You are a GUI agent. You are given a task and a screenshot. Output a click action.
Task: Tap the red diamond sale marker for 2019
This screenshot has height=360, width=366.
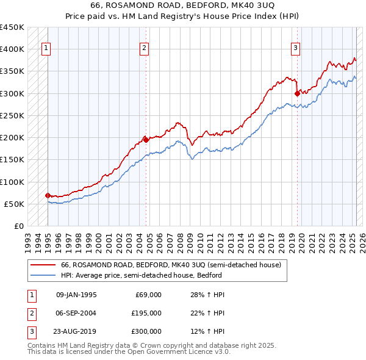coord(297,93)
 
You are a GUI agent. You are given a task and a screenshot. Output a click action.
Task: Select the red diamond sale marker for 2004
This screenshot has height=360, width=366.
coord(146,140)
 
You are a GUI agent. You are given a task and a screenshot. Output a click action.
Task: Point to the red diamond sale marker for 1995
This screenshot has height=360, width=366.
coord(48,195)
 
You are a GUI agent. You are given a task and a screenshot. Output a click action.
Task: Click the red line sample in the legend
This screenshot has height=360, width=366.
coord(43,265)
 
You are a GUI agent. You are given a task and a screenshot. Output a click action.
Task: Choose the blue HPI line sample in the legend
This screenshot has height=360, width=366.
coord(43,275)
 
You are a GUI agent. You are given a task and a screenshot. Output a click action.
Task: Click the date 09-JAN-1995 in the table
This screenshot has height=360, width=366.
coord(76,295)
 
